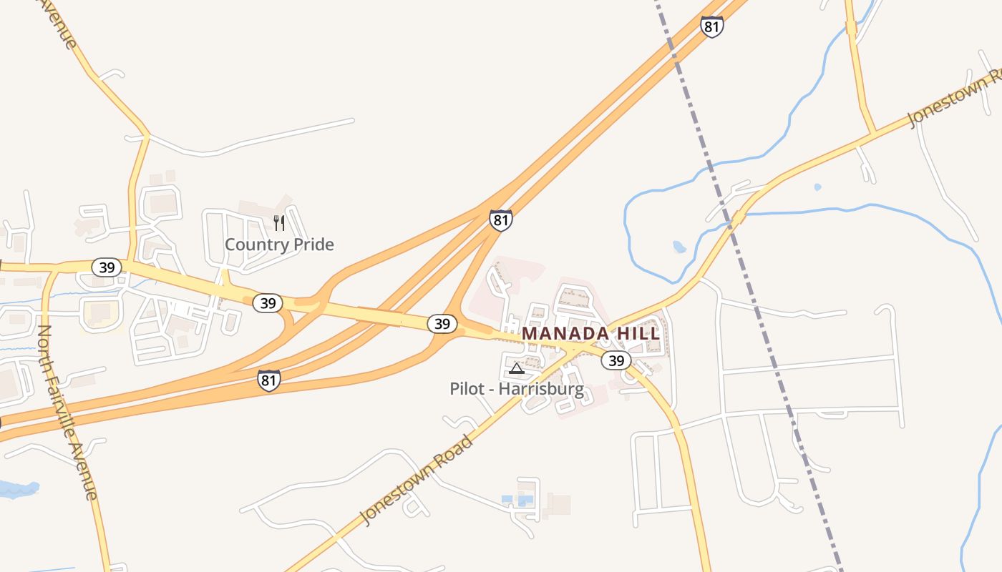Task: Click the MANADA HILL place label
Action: (x=591, y=334)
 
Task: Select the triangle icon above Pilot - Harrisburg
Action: (x=517, y=369)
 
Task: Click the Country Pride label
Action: (x=279, y=245)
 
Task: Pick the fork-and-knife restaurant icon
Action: (x=279, y=223)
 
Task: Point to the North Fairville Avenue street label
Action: (x=67, y=413)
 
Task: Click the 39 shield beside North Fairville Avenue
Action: (x=107, y=267)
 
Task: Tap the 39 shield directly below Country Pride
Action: (x=268, y=303)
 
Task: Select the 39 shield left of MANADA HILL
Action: (x=442, y=324)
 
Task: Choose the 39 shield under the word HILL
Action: (x=616, y=360)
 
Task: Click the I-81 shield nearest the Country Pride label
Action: (x=501, y=220)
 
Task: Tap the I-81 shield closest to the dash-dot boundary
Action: (x=711, y=27)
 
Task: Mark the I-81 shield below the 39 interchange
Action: (x=269, y=380)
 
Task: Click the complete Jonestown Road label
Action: (x=417, y=480)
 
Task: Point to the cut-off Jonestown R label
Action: (x=954, y=99)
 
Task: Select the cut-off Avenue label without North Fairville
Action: (x=59, y=23)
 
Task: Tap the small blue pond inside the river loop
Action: (x=679, y=247)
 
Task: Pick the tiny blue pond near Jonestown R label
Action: (x=817, y=187)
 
